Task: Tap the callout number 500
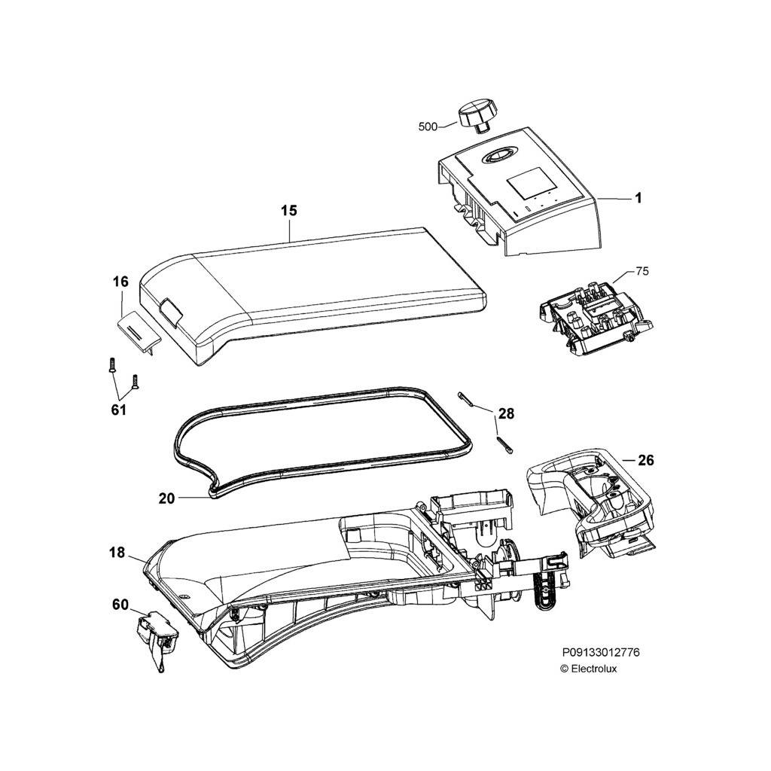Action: pyautogui.click(x=428, y=127)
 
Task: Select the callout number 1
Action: pyautogui.click(x=637, y=199)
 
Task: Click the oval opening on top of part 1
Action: pyautogui.click(x=497, y=154)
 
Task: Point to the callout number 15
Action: pyautogui.click(x=289, y=211)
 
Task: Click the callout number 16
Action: pyautogui.click(x=120, y=282)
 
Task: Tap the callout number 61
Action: pyautogui.click(x=118, y=410)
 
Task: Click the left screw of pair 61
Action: pyautogui.click(x=111, y=365)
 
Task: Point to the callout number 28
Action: pyautogui.click(x=506, y=413)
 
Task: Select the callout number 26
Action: pyautogui.click(x=645, y=460)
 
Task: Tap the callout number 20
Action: pyautogui.click(x=166, y=498)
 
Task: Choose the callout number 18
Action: pyautogui.click(x=117, y=553)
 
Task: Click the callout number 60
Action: pyautogui.click(x=120, y=605)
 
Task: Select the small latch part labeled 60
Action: pyautogui.click(x=157, y=632)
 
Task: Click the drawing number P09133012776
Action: pyautogui.click(x=601, y=653)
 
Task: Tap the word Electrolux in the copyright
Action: pyautogui.click(x=593, y=669)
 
